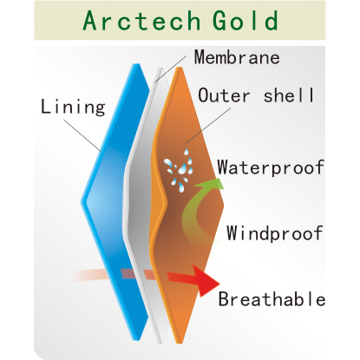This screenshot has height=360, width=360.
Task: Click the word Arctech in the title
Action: click(x=141, y=20)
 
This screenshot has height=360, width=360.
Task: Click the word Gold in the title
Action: click(x=245, y=20)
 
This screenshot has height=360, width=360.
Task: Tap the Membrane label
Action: click(x=237, y=57)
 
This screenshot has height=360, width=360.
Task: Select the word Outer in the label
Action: click(x=224, y=95)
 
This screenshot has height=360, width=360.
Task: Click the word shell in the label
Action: click(x=289, y=95)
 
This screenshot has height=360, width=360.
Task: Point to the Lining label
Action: click(x=73, y=107)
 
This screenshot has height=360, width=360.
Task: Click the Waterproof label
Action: click(x=271, y=167)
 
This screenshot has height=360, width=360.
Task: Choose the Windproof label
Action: click(x=275, y=232)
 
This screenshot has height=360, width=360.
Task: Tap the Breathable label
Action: click(x=272, y=298)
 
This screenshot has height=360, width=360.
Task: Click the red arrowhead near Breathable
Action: click(x=206, y=280)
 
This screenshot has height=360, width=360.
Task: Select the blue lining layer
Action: click(x=115, y=202)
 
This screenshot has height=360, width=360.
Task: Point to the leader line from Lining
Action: click(x=82, y=135)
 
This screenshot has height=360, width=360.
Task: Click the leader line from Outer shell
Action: click(x=208, y=126)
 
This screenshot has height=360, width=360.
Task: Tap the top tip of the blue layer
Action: click(x=136, y=64)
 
